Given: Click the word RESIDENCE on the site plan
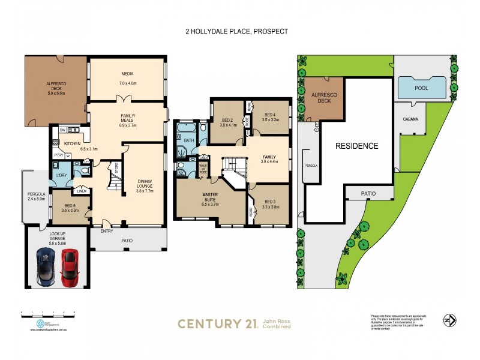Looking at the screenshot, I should coord(356,146).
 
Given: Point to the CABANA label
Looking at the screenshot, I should coord(410,119).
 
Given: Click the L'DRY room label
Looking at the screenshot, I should coord(62,175).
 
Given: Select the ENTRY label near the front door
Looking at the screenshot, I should coord(107,230).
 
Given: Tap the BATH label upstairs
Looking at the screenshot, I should coord(188,140).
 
